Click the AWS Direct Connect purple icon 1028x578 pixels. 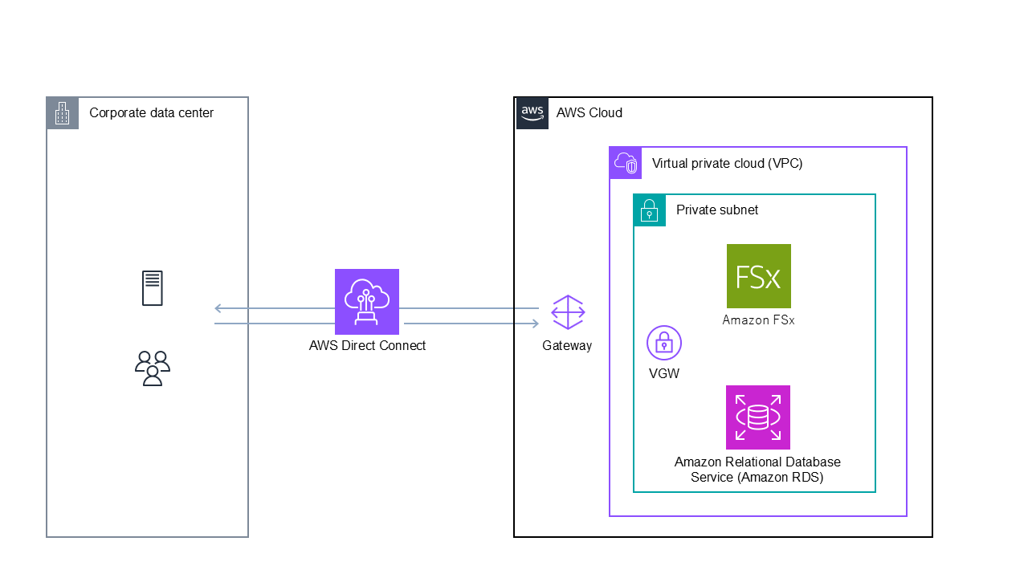click(367, 301)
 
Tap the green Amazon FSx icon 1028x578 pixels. click(758, 276)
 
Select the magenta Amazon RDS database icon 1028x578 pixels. click(758, 417)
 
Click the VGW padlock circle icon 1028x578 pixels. click(664, 344)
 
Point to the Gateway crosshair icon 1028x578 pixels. click(568, 312)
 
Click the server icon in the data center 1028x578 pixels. click(153, 288)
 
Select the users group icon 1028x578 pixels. click(153, 368)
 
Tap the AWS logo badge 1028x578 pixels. click(532, 113)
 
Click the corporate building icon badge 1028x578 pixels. click(63, 113)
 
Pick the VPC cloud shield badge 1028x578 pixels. click(626, 163)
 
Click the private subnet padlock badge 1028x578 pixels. click(650, 210)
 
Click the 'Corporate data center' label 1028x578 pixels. click(152, 113)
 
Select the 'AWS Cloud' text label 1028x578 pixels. click(589, 113)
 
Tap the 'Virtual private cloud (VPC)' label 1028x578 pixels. click(728, 164)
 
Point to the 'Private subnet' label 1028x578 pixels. click(717, 210)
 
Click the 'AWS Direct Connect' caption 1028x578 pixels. click(367, 346)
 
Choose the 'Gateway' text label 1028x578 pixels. click(567, 346)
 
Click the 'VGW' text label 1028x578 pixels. click(664, 373)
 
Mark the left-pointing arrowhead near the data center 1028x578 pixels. click(218, 308)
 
